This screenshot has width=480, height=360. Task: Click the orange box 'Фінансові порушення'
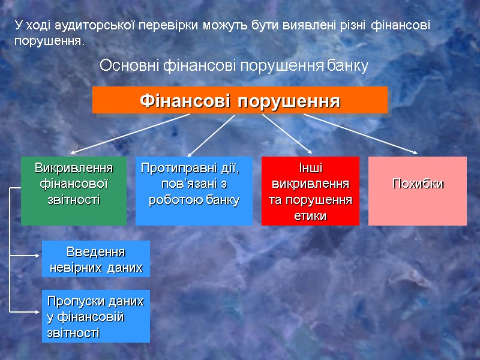(x=240, y=100)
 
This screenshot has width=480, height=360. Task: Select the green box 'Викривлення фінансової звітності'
(x=74, y=191)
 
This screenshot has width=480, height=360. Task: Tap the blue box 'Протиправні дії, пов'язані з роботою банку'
(x=194, y=191)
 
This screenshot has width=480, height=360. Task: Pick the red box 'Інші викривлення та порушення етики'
(x=310, y=191)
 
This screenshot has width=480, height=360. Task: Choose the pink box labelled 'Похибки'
(x=418, y=191)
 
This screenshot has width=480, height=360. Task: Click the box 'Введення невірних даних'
(x=96, y=259)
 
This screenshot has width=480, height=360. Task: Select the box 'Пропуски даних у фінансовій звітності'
(x=96, y=316)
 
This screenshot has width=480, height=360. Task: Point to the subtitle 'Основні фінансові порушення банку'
(x=233, y=65)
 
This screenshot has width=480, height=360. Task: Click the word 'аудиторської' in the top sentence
(x=91, y=26)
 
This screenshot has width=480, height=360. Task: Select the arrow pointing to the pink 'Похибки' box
(x=360, y=134)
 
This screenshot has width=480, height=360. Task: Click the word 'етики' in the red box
(x=310, y=216)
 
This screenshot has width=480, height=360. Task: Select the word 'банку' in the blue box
(x=223, y=200)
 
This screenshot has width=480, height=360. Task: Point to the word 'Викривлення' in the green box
(x=74, y=166)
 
